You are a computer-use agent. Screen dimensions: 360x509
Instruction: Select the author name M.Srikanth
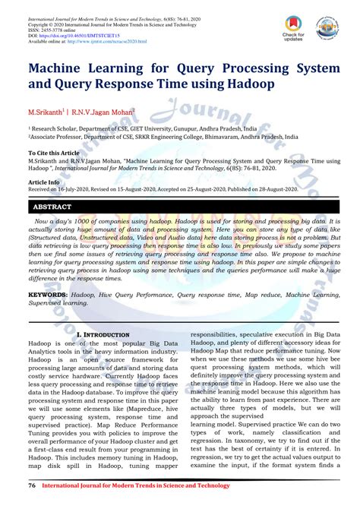coord(49,112)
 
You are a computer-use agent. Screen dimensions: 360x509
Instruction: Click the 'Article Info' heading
coord(44,182)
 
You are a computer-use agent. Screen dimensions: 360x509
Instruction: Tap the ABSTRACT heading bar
coord(180,206)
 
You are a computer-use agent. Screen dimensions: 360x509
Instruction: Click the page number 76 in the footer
coord(32,485)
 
